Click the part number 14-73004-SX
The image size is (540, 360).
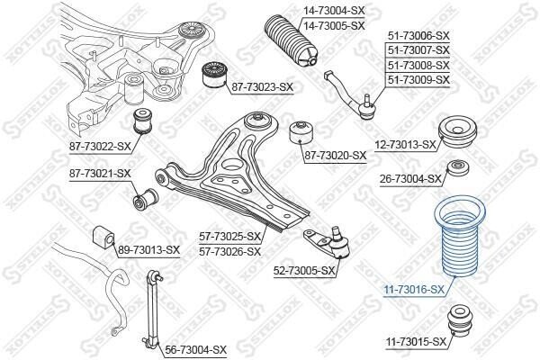[x=333, y=11]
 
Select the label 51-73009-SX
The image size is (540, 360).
[x=418, y=80]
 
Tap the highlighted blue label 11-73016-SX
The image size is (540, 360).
[x=414, y=290]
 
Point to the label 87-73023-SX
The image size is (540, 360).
[x=262, y=87]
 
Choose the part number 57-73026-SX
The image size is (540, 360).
[x=229, y=251]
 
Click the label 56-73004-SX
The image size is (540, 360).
[x=196, y=350]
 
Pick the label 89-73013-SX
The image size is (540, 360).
[x=148, y=250]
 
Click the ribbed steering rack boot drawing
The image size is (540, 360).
[x=292, y=40]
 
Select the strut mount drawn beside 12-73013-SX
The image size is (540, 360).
[x=457, y=131]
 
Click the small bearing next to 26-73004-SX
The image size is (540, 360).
[x=458, y=167]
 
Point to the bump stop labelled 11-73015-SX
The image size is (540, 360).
[x=460, y=319]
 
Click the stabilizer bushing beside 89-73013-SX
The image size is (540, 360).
[x=103, y=236]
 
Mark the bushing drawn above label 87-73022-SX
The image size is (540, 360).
[x=143, y=121]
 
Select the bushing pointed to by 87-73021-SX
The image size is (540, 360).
[x=146, y=199]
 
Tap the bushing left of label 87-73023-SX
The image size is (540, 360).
[x=213, y=75]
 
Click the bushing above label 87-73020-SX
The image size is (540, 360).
[x=301, y=132]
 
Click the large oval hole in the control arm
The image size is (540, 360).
[x=236, y=165]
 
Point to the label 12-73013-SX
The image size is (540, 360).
[x=405, y=145]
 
